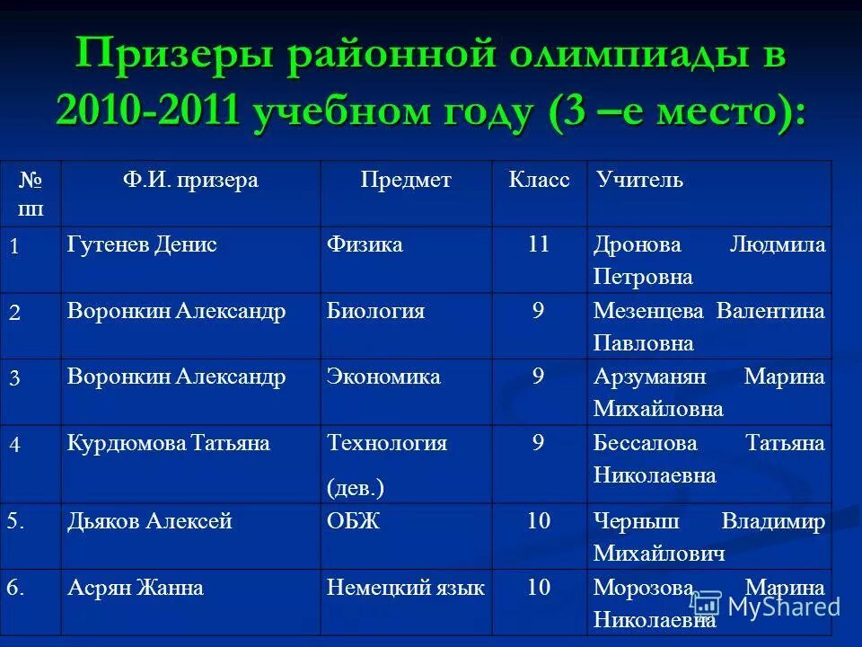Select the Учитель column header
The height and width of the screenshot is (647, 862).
point(639,181)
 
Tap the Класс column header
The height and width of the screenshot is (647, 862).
point(539,181)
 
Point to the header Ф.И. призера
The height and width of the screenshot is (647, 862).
point(190,181)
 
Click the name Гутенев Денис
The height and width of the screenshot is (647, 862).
point(142,245)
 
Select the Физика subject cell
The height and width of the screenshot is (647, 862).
point(365,245)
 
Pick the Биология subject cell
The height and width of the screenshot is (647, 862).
point(375,312)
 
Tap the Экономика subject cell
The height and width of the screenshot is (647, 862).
point(383,377)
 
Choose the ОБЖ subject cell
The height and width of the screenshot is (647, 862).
point(353,522)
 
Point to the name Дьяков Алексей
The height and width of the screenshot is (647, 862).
point(150,522)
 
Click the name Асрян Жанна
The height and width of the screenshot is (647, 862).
point(136,589)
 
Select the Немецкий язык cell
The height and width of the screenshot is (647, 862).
point(406,589)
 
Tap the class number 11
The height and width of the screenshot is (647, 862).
point(539,245)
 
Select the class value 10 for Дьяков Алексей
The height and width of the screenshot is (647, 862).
point(539,522)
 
